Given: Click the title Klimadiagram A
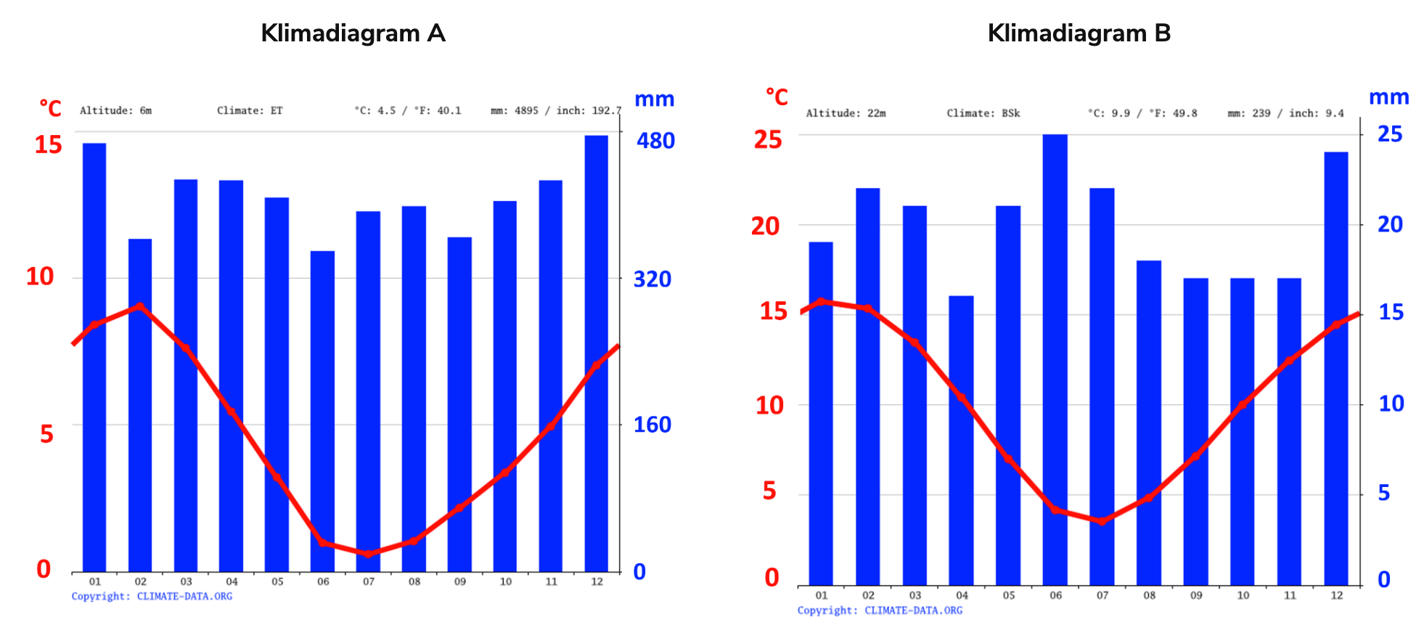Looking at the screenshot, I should point(353,33).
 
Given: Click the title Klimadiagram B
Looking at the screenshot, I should point(1079,33).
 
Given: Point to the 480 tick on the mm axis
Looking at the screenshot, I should point(655,141).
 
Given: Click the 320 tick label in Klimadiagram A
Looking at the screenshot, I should point(652,279).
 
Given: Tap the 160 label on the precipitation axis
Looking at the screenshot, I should point(652,425).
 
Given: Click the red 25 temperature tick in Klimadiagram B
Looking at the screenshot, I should point(768,139).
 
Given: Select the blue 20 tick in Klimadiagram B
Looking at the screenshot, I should point(1390,224).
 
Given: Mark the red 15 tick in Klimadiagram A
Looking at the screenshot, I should point(49,144).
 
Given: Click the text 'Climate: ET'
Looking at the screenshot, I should point(250,111).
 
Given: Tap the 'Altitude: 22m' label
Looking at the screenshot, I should point(846,113).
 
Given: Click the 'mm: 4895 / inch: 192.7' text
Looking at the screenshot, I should point(556,111).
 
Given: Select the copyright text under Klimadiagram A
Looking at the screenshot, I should point(152,597).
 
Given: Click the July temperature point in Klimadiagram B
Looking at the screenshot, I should point(1102,521).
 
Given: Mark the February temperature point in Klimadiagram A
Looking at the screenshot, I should point(140,306).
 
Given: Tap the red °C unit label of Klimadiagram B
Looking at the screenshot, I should point(777,97).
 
